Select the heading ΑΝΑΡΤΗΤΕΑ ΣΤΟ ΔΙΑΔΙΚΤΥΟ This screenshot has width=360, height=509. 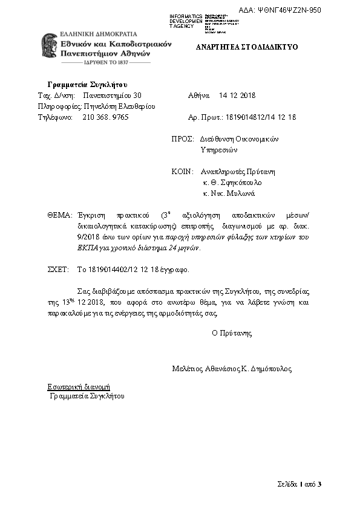pos(246,47)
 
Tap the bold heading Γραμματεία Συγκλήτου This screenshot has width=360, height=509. pos(87,84)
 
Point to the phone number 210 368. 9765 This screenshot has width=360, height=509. pos(105,117)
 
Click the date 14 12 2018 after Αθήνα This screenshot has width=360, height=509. pos(237,96)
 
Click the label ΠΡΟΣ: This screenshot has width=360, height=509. pos(182,138)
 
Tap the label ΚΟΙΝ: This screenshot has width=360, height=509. pos(182,171)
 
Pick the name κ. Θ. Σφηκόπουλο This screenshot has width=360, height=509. pos(232,182)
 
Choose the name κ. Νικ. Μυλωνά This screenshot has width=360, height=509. pos(229,193)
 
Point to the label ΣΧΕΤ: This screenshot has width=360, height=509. pos(58,270)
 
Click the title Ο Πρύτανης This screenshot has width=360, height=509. pos(232,332)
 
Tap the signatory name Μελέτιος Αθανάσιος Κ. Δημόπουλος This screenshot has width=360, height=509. pos(232,368)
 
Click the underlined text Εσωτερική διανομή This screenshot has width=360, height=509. pos(79,386)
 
